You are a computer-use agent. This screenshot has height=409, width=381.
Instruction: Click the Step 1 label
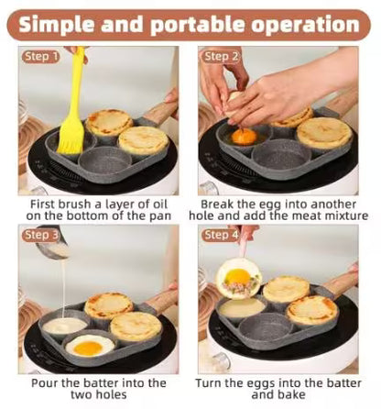(40, 57)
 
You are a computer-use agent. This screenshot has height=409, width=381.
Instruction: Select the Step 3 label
(41, 235)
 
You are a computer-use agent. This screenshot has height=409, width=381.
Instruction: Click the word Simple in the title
(70, 24)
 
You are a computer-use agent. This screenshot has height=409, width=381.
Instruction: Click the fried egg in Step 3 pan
(89, 345)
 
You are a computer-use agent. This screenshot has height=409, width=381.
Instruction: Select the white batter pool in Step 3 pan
(64, 324)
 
